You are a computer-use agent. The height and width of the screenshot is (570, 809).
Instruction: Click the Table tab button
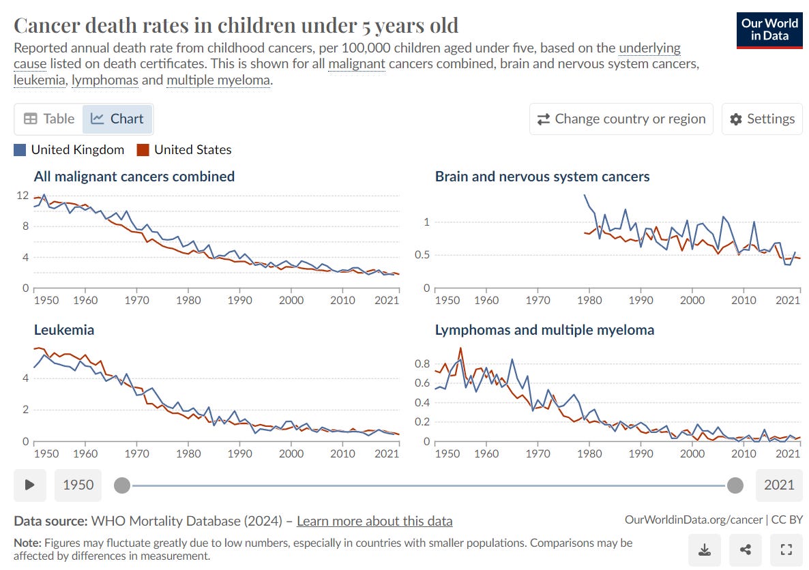pyautogui.click(x=49, y=119)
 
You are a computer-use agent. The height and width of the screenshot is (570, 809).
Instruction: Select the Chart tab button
pyautogui.click(x=118, y=119)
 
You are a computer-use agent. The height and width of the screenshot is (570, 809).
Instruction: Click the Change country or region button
pyautogui.click(x=621, y=119)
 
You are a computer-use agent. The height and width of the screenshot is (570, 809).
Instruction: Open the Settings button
pyautogui.click(x=762, y=119)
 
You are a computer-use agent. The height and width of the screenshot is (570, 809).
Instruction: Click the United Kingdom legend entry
pyautogui.click(x=69, y=150)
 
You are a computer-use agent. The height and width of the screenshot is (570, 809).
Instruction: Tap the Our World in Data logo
pyautogui.click(x=769, y=29)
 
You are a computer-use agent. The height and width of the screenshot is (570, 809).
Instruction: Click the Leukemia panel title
pyautogui.click(x=64, y=330)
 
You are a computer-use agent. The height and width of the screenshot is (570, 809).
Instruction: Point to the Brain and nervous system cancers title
pyautogui.click(x=542, y=177)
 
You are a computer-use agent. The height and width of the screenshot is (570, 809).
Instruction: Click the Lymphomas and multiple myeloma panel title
pyautogui.click(x=544, y=330)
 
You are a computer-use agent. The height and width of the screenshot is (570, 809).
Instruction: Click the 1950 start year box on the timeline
pyautogui.click(x=78, y=485)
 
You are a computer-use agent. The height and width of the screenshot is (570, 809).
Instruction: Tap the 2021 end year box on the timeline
pyautogui.click(x=779, y=485)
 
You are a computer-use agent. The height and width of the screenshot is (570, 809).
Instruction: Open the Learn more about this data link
pyautogui.click(x=374, y=521)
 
